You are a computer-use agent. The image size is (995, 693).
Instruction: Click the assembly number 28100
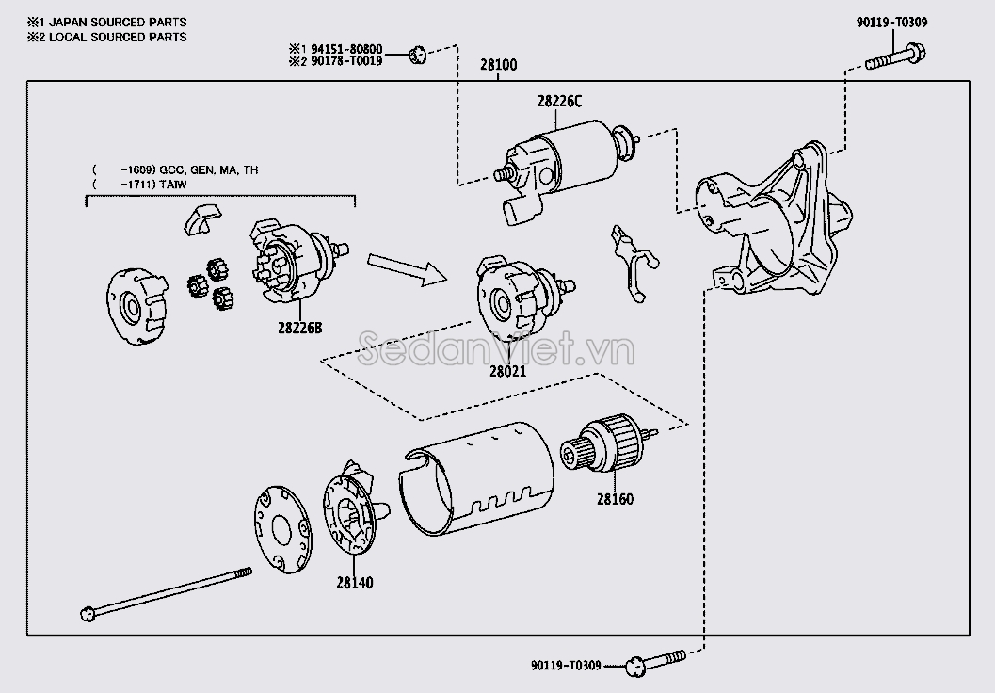498,66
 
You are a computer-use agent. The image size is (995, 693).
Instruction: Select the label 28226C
561,102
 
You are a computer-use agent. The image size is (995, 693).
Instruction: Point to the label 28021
507,371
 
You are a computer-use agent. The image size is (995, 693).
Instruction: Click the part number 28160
614,498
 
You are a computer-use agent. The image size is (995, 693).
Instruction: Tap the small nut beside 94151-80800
421,55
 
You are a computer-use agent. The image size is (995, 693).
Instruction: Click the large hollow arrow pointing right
405,266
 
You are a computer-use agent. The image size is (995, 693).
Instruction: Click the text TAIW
173,185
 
